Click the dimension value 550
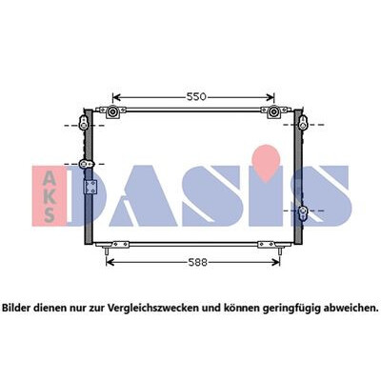[196, 97]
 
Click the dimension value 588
[197, 262]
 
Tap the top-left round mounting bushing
[112, 111]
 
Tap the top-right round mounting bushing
[273, 111]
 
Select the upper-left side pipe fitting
[84, 123]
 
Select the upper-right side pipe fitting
[303, 123]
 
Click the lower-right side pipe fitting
[303, 212]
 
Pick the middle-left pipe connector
[87, 164]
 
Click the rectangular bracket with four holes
[90, 187]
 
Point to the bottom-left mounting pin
[107, 251]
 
